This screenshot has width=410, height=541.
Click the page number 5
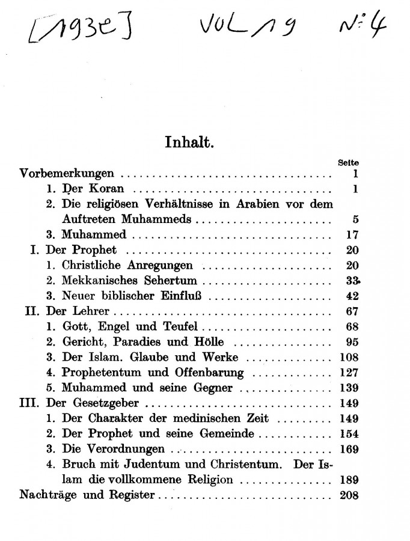point(355,219)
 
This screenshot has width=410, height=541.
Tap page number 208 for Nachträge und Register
point(348,495)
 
